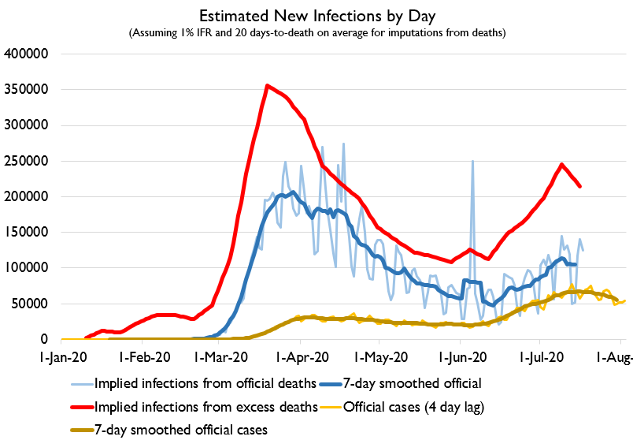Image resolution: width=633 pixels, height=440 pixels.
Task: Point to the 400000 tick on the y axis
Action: [28, 54]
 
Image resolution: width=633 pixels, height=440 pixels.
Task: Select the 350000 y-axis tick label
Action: [28, 89]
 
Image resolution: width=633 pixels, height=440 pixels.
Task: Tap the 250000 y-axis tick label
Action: [28, 161]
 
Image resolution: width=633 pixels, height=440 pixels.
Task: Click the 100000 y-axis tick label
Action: [28, 268]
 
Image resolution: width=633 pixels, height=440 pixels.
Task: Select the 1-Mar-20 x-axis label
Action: [219, 356]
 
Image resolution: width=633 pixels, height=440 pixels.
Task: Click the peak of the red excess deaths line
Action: [268, 85]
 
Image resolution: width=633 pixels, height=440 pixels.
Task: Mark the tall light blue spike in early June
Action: [472, 162]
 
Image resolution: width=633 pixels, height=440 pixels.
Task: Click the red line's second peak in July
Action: [561, 164]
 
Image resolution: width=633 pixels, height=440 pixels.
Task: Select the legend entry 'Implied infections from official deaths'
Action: [208, 384]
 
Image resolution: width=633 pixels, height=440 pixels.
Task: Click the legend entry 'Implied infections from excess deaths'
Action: [208, 407]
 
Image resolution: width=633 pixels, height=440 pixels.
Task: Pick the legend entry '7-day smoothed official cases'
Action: [180, 430]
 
